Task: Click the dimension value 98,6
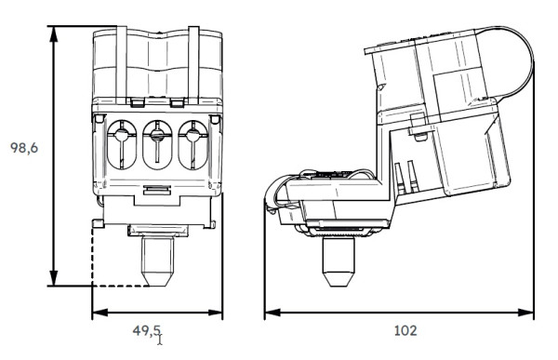[x=23, y=148]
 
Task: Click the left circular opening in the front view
[x=122, y=141]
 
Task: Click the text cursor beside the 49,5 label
[x=161, y=339]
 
